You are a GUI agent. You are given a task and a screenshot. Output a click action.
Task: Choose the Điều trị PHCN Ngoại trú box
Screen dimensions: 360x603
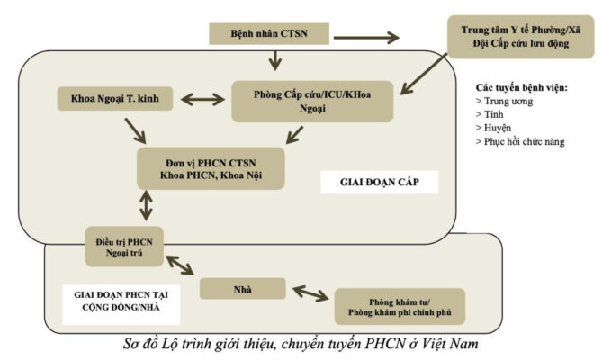[x=125, y=247]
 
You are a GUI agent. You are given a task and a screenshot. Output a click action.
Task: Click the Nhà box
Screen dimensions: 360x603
[x=243, y=288]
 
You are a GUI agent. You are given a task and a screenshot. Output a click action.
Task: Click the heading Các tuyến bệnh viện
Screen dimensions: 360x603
[x=522, y=87]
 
